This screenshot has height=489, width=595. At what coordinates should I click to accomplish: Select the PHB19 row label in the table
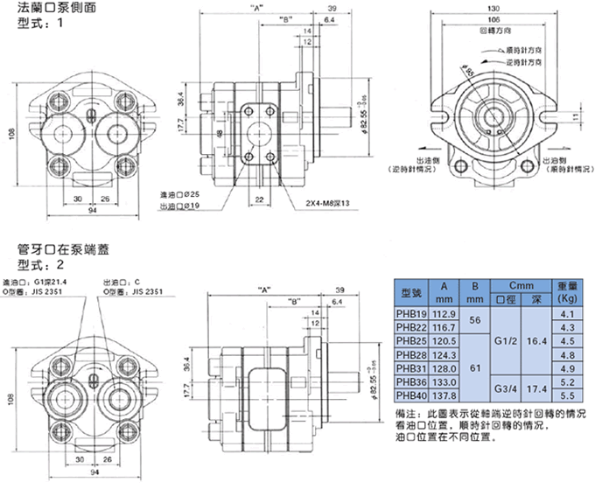(x=410, y=313)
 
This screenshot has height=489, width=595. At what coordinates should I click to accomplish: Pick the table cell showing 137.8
(x=445, y=395)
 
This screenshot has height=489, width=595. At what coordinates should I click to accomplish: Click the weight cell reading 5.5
(x=566, y=395)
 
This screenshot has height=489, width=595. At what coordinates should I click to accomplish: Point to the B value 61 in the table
(x=476, y=368)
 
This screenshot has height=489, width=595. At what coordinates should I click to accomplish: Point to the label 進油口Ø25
(x=182, y=194)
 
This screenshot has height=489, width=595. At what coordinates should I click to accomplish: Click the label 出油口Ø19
(x=182, y=206)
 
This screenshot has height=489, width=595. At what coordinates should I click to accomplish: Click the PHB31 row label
(x=410, y=367)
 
